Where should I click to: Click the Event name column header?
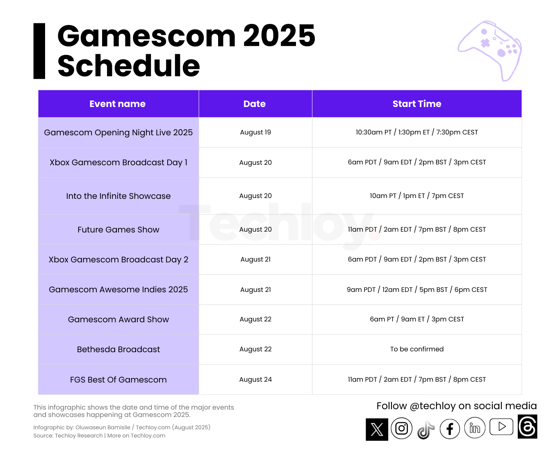pyautogui.click(x=118, y=104)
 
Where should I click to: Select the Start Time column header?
pyautogui.click(x=417, y=104)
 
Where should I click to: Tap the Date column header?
pyautogui.click(x=255, y=104)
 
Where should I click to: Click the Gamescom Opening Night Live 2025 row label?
pyautogui.click(x=118, y=132)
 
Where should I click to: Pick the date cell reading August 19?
pyautogui.click(x=255, y=132)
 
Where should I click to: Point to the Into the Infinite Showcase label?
pyautogui.click(x=118, y=196)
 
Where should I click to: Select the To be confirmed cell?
pyautogui.click(x=417, y=349)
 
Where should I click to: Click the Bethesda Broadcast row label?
pyautogui.click(x=118, y=349)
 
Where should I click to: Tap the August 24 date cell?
pyautogui.click(x=255, y=380)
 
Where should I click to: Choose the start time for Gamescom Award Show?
pyautogui.click(x=417, y=319)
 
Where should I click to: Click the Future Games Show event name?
pyautogui.click(x=118, y=230)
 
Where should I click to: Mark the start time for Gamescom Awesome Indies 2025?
pyautogui.click(x=417, y=289)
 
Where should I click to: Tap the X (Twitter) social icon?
pyautogui.click(x=377, y=429)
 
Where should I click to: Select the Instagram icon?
pyautogui.click(x=401, y=428)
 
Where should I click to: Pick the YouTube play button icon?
pyautogui.click(x=501, y=427)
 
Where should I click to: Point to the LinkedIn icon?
pyautogui.click(x=475, y=428)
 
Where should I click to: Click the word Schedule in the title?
pyautogui.click(x=129, y=66)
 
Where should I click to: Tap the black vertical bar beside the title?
pyautogui.click(x=39, y=51)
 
